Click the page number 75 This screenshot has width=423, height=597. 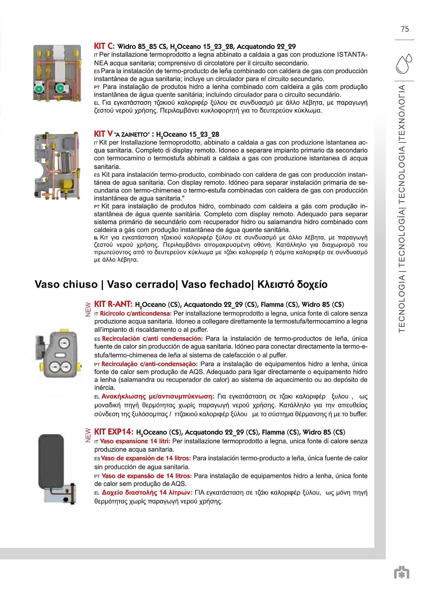click(405, 29)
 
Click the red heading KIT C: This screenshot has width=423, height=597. click(104, 46)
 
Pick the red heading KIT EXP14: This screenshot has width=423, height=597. click(114, 432)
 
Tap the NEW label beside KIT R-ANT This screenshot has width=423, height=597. click(88, 310)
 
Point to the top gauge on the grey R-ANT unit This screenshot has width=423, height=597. click(64, 342)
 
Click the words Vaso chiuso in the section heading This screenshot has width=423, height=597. click(66, 284)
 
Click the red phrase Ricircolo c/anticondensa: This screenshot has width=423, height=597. click(136, 313)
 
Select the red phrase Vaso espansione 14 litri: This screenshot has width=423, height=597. click(135, 441)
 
